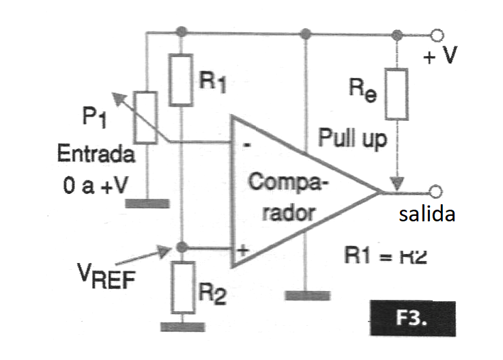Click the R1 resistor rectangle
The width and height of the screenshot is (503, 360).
[x=181, y=81]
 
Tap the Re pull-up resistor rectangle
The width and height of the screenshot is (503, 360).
[x=397, y=93]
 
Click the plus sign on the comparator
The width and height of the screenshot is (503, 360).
[x=241, y=250]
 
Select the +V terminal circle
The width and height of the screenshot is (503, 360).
[x=438, y=33]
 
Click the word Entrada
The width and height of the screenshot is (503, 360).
[x=96, y=155]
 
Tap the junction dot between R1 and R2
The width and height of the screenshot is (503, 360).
[x=181, y=247]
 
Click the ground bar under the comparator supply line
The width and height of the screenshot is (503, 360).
[x=306, y=294]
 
